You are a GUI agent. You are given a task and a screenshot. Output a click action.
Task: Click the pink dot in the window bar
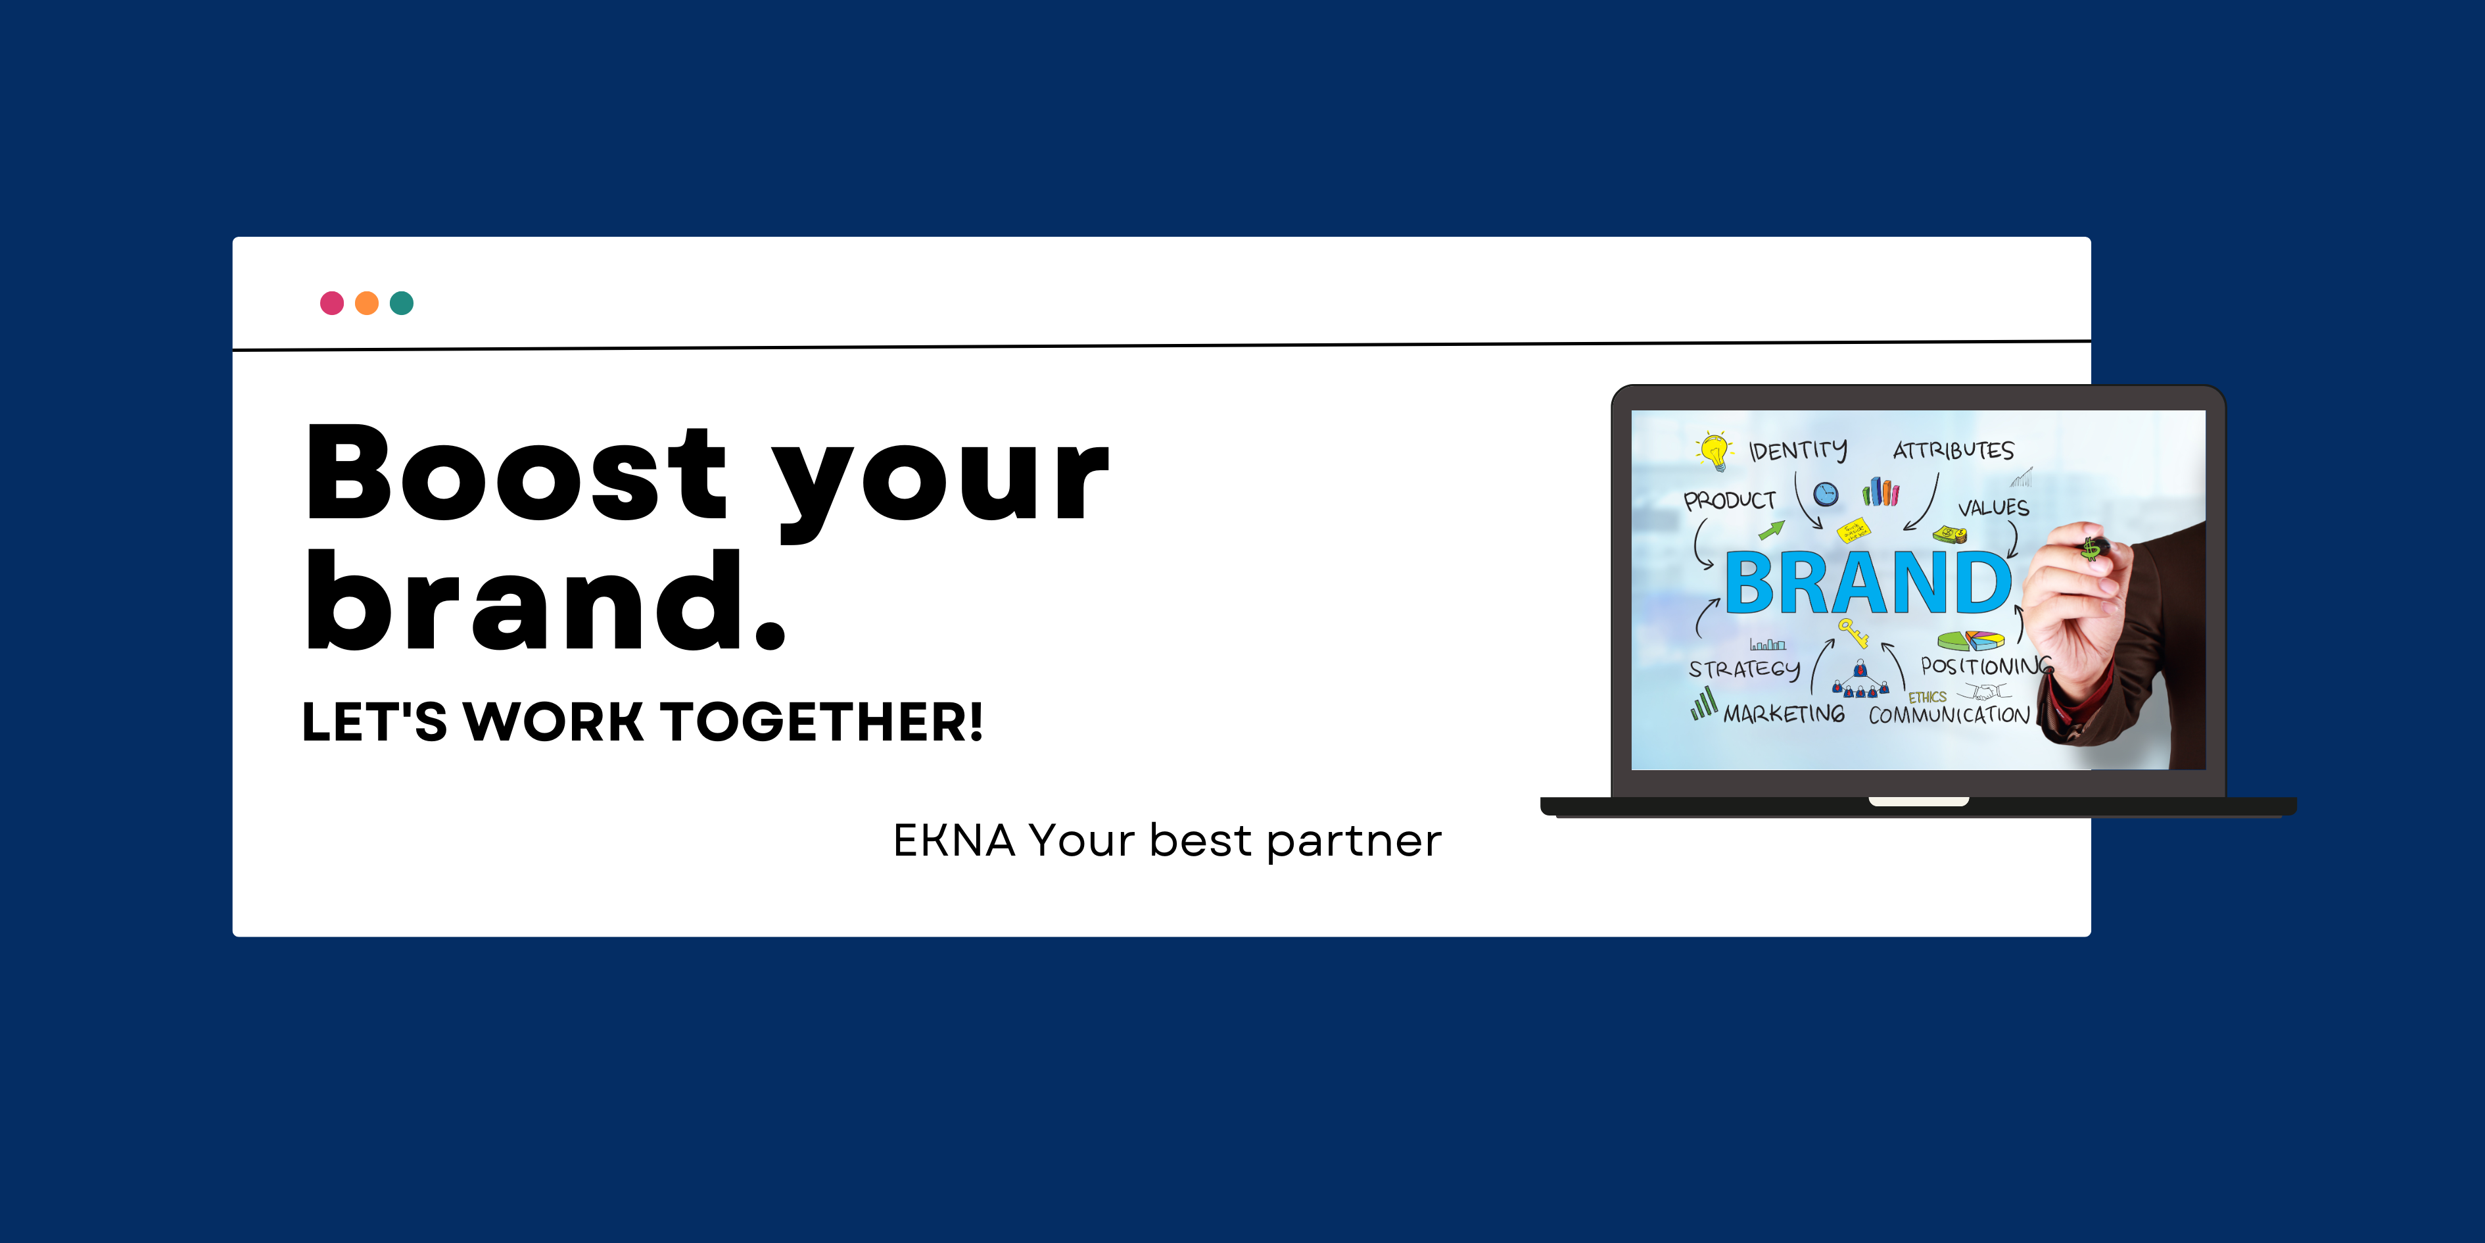click(x=332, y=303)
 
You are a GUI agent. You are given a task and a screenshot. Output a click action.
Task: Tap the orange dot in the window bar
click(x=367, y=303)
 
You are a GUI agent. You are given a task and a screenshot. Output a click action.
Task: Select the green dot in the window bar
click(x=401, y=303)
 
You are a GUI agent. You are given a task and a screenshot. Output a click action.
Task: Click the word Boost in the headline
click(x=516, y=473)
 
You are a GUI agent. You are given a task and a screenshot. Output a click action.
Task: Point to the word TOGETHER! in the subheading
click(x=821, y=722)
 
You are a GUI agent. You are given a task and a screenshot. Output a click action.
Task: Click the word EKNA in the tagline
click(x=954, y=841)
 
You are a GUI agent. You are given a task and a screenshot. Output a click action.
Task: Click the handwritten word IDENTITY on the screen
click(x=1798, y=451)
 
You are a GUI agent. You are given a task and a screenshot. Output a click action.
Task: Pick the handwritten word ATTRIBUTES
click(x=1953, y=450)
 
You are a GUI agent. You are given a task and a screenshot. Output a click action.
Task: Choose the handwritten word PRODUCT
click(x=1730, y=500)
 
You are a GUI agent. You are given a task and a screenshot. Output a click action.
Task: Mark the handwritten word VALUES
click(x=1993, y=508)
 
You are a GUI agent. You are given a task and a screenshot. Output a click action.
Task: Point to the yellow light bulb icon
click(x=1715, y=451)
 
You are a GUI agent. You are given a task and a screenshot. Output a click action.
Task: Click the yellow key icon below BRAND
click(x=1852, y=632)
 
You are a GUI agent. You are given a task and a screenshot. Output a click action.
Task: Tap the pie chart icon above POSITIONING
click(x=1971, y=641)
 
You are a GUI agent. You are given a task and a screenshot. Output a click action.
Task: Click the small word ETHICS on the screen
click(x=1928, y=696)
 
